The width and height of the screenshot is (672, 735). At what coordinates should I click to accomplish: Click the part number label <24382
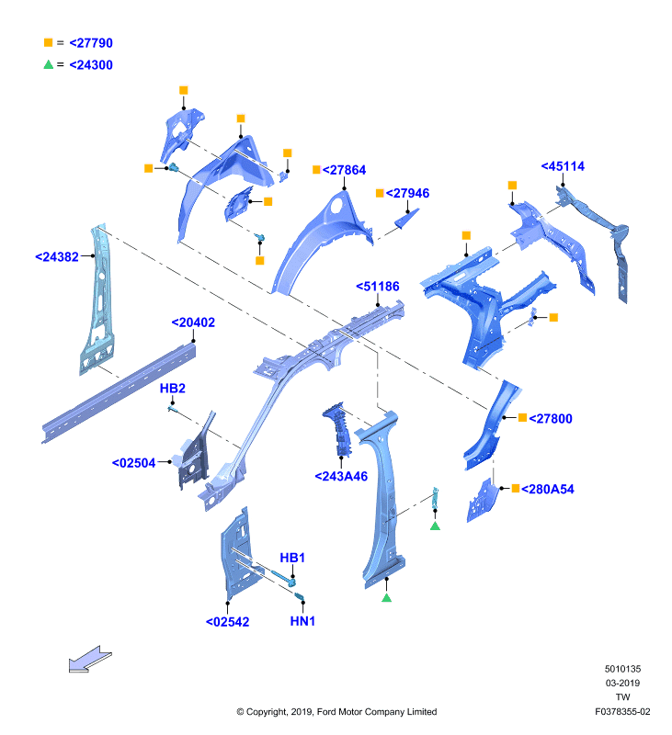point(57,257)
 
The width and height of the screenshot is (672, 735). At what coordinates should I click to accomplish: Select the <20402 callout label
point(193,322)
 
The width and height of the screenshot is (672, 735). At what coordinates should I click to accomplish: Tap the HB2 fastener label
point(173,388)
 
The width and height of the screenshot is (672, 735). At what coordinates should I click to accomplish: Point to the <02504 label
point(133,463)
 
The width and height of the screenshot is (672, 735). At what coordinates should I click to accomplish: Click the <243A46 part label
point(341,476)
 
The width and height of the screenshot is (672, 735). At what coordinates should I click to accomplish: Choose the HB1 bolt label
point(292,558)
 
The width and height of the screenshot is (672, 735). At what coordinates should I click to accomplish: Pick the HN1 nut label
point(302,621)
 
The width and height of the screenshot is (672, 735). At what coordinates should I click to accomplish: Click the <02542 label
point(227,622)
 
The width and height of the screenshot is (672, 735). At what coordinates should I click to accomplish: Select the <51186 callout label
point(378,287)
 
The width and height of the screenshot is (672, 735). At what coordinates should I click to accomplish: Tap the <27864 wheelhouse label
point(344,170)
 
